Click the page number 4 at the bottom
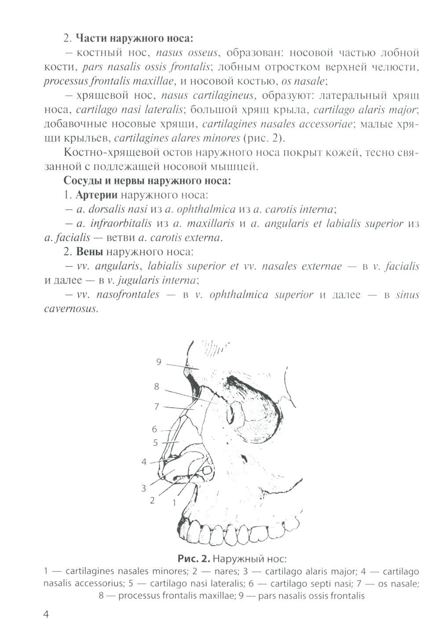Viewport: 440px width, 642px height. click(x=46, y=614)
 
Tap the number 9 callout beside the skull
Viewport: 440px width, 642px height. click(x=159, y=362)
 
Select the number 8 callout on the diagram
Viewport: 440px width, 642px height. click(x=157, y=387)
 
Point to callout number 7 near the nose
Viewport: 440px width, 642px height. click(x=156, y=407)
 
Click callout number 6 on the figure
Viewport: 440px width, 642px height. click(x=154, y=429)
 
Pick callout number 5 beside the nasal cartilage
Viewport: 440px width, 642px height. click(x=155, y=443)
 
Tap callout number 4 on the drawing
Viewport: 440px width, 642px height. click(x=144, y=462)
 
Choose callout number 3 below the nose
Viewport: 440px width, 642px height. click(x=143, y=488)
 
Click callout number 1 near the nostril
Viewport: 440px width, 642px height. click(x=174, y=502)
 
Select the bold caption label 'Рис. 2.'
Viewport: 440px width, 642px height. click(x=194, y=559)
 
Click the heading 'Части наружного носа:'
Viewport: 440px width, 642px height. click(x=134, y=38)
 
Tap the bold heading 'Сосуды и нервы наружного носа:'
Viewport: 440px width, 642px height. click(x=147, y=180)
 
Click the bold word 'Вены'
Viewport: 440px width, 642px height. click(x=90, y=252)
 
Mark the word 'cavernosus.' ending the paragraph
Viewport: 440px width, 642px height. click(x=71, y=308)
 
